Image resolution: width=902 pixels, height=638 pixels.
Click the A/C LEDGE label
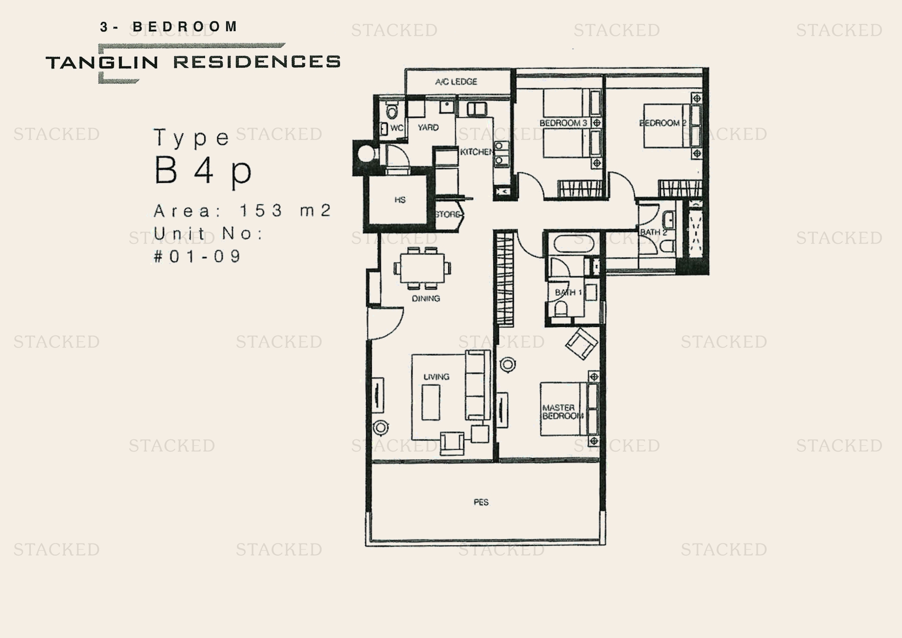point(456,82)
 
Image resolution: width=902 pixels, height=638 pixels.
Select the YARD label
point(428,128)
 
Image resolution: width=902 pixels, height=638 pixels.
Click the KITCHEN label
point(476,152)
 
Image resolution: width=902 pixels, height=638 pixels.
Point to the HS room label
point(400,200)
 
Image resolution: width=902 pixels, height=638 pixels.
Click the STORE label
point(447,214)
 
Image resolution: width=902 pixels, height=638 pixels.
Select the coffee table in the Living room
point(431,402)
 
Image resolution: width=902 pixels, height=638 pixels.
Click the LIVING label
point(436,377)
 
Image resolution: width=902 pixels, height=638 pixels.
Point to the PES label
point(481,502)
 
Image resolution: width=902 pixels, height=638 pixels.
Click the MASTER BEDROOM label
point(562,412)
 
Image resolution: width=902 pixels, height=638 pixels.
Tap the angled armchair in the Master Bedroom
point(581,344)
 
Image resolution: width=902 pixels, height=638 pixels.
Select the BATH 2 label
point(653,232)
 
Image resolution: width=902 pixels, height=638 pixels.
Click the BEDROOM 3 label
point(563,123)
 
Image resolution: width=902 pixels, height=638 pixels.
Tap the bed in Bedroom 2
point(667,126)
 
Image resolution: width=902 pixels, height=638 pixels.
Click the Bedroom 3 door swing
point(530,185)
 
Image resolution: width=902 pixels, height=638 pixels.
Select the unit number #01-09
point(197,257)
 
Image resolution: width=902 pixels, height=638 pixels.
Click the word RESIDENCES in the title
point(256,62)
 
